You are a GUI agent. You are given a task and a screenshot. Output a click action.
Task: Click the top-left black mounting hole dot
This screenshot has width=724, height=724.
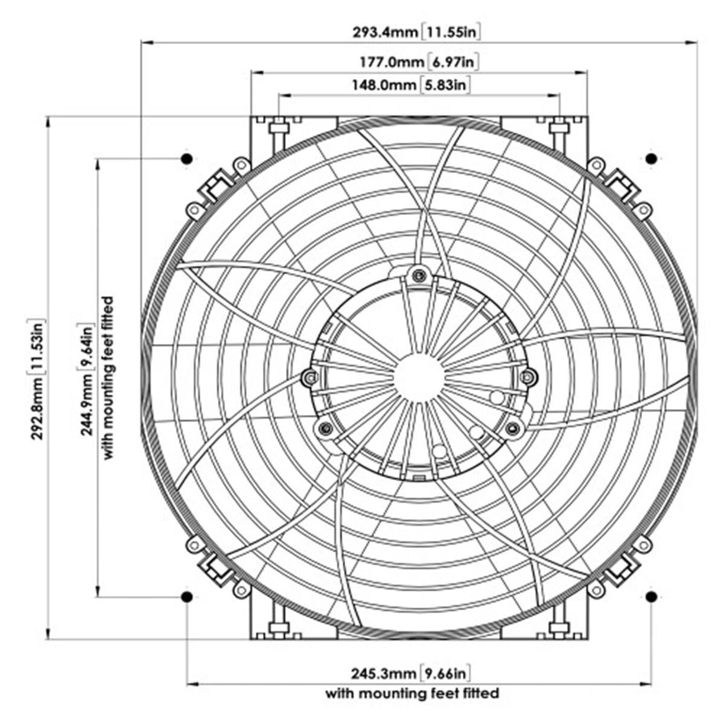coord(186,159)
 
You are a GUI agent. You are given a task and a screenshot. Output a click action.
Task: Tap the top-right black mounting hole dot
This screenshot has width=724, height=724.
coord(651,159)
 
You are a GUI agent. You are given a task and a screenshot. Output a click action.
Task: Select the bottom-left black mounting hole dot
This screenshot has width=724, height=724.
coord(186,597)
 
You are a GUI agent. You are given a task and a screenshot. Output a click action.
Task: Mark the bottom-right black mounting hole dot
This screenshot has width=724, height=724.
coord(651,597)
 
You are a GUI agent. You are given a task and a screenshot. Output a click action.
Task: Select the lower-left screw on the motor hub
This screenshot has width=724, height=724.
coord(325,428)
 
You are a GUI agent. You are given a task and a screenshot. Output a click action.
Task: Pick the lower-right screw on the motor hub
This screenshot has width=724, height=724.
coord(513,428)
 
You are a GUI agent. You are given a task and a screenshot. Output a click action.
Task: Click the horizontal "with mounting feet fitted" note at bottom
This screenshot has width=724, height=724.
coord(412,693)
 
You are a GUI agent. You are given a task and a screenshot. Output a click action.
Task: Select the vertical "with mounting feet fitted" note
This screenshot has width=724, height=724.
coord(108,378)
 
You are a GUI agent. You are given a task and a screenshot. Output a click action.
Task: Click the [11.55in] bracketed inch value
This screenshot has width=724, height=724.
coord(451,31)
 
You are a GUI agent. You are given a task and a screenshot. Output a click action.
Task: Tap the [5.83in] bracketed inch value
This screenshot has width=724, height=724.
coord(445,85)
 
